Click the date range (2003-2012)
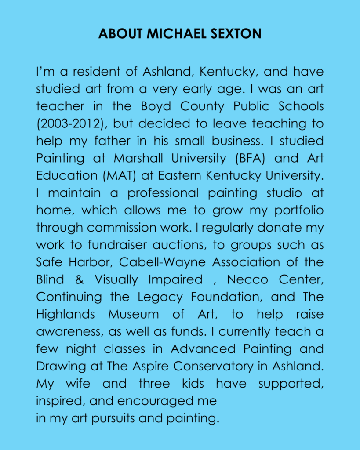point(70,123)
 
